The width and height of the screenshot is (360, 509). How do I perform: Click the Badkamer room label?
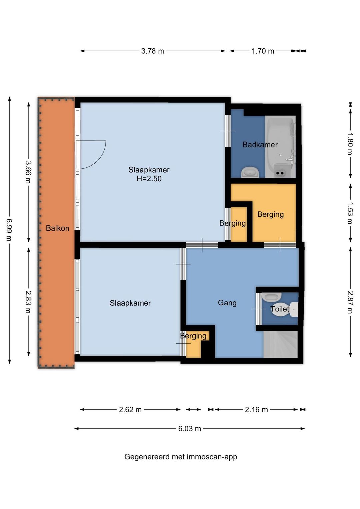click(x=260, y=145)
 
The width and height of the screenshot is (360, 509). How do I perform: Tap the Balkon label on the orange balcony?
click(x=57, y=228)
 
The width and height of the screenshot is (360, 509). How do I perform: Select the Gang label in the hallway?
click(x=227, y=303)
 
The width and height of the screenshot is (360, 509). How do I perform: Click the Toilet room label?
click(x=280, y=309)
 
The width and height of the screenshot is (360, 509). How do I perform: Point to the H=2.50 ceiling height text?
click(x=149, y=179)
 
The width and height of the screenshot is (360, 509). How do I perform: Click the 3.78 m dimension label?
click(x=152, y=51)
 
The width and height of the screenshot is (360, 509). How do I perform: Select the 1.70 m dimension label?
click(x=263, y=51)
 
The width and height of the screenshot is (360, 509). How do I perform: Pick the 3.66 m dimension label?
click(x=29, y=172)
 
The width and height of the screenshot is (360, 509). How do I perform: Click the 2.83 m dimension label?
click(x=29, y=302)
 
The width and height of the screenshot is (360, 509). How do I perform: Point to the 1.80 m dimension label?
click(x=350, y=144)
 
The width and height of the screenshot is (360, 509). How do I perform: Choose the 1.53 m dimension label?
click(x=350, y=213)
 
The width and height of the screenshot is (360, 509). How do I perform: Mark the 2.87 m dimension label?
click(x=350, y=302)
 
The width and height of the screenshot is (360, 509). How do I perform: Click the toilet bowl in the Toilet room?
click(x=284, y=309)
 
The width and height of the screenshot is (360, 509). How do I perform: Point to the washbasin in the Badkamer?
click(x=250, y=172)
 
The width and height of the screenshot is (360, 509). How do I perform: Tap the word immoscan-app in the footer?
click(x=213, y=457)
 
